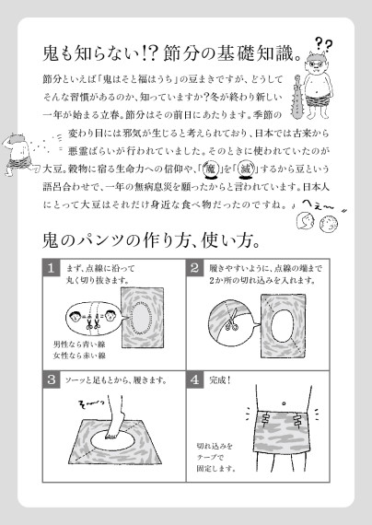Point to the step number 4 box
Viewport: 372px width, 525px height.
coord(195,379)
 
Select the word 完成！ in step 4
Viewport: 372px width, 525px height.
coord(226,379)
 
